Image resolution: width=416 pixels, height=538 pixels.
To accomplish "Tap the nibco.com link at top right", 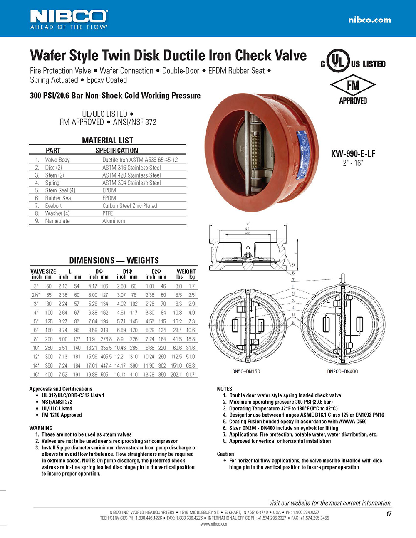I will click(x=369, y=20).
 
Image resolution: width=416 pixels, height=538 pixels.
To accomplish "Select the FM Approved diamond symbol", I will click(x=353, y=85).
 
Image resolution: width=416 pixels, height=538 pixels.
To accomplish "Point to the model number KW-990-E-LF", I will click(x=353, y=153).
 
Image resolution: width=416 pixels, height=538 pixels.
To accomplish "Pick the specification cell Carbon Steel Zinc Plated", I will click(x=129, y=206).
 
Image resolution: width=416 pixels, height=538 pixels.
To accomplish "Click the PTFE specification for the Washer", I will click(x=107, y=213).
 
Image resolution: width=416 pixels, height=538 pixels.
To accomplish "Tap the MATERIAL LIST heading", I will click(x=107, y=140).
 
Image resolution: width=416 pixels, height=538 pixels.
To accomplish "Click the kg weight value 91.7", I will click(x=190, y=375).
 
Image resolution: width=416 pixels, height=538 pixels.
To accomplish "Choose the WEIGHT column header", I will click(x=186, y=271).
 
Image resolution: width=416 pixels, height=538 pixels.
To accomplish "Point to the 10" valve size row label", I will click(x=36, y=348).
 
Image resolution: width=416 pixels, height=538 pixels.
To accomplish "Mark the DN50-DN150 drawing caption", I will click(x=246, y=371).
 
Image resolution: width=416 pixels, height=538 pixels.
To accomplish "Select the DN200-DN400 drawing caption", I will click(x=342, y=371).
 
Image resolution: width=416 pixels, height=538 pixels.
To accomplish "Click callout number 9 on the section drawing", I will click(x=293, y=265).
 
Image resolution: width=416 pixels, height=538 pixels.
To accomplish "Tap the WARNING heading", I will click(x=41, y=428).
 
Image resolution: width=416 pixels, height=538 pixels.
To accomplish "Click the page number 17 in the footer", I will click(x=389, y=514).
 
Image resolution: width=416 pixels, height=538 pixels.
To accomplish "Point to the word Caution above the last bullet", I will click(x=225, y=454).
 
